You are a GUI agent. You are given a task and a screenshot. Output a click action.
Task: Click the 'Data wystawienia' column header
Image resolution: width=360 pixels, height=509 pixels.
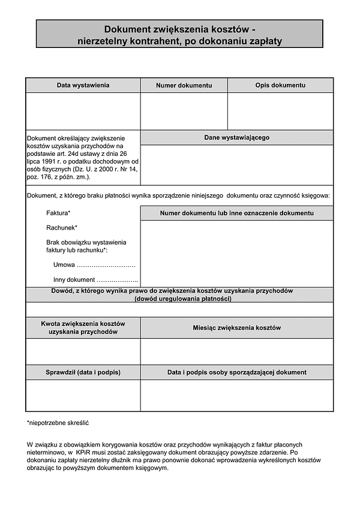83,85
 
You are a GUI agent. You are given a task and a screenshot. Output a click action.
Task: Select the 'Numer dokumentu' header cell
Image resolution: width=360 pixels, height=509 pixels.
184,86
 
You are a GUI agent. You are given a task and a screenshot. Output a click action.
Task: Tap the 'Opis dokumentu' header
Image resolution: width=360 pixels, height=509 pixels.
280,85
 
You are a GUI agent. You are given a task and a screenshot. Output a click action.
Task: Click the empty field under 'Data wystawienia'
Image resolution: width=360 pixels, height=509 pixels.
83,111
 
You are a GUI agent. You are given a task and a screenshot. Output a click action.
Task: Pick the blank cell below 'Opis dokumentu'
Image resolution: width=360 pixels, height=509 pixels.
280,111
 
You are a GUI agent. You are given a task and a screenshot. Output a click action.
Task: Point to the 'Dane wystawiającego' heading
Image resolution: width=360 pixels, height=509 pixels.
236,137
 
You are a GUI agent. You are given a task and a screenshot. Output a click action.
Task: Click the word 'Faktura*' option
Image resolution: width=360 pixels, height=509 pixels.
58,213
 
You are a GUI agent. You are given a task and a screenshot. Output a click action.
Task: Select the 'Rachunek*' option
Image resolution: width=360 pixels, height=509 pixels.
61,228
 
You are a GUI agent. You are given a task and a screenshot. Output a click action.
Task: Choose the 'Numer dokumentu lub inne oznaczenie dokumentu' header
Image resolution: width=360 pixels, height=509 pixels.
236,213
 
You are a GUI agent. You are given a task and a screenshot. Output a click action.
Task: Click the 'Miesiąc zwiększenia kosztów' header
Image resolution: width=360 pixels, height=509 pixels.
236,328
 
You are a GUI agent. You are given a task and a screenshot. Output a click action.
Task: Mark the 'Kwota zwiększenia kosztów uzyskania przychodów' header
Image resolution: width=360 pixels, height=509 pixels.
83,327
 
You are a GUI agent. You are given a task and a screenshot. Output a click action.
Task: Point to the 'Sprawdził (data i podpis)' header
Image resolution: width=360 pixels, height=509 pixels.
83,372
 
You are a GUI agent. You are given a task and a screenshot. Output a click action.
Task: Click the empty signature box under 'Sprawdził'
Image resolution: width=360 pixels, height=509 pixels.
83,395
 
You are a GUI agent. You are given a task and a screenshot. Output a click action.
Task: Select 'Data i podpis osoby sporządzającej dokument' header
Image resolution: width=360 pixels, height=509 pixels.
236,372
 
